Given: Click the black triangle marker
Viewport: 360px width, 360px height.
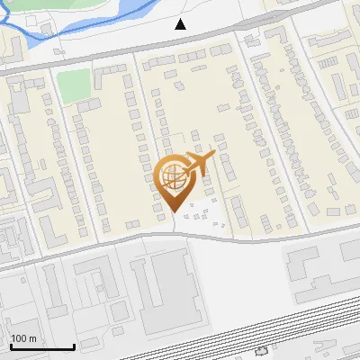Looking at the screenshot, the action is point(181,24).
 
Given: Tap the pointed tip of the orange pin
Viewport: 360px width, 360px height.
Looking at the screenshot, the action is point(174,212).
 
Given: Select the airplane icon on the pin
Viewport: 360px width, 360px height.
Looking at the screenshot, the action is point(199,162).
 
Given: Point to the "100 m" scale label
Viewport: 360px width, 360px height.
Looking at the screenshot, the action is point(23,338).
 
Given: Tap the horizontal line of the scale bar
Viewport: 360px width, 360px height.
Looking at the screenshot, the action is point(42,346).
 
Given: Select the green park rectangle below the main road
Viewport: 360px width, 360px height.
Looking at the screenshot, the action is point(74,85).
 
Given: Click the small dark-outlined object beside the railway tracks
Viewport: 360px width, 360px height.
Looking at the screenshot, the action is point(261,351).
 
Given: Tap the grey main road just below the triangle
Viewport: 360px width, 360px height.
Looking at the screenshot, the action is point(181,42).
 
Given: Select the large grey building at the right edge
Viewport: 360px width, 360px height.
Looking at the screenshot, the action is point(319,270).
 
